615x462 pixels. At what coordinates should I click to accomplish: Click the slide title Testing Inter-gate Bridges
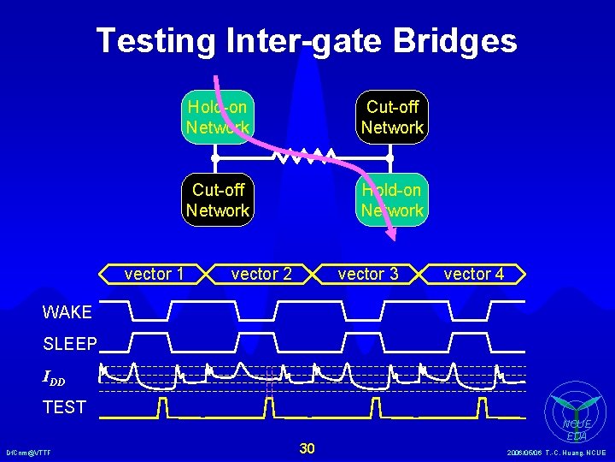(307, 40)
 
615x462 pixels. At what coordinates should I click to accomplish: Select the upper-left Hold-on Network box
(218, 117)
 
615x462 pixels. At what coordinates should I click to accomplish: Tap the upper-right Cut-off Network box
(392, 117)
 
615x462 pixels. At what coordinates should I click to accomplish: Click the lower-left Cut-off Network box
(218, 200)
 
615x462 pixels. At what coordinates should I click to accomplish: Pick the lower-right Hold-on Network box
(392, 200)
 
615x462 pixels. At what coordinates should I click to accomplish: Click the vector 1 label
(154, 274)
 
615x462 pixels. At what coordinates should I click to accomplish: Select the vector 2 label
(261, 274)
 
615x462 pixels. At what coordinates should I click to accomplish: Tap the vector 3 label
(368, 274)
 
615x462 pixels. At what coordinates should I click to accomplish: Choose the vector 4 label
(474, 274)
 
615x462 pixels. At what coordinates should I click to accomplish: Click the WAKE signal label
(67, 312)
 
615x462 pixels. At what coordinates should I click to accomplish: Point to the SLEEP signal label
(70, 344)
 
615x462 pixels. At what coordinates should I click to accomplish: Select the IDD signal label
(54, 377)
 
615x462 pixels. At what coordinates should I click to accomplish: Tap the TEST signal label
(65, 407)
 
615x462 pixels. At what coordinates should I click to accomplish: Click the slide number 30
(307, 448)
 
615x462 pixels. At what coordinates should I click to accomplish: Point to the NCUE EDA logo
(577, 415)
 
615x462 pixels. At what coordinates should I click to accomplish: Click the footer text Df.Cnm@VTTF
(28, 453)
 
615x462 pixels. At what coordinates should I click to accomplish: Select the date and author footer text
(555, 453)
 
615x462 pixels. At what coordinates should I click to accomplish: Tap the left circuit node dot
(215, 158)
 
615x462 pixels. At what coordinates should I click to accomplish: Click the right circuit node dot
(389, 158)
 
